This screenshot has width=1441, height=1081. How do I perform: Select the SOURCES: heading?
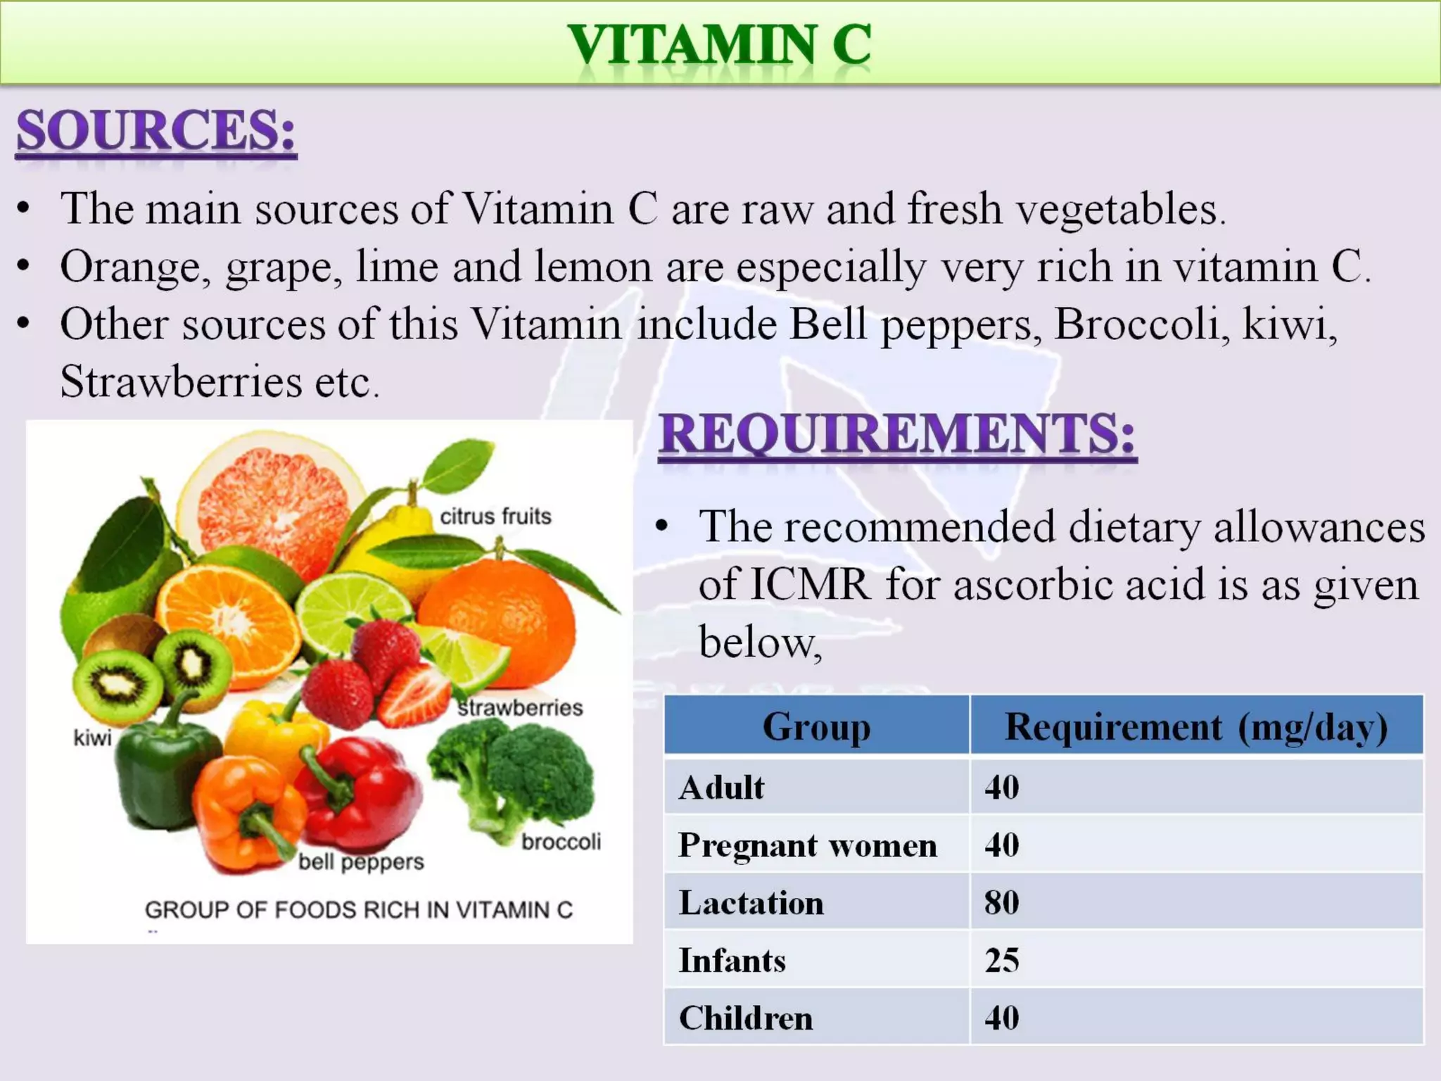click(x=155, y=131)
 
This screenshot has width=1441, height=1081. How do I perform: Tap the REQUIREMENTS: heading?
click(x=897, y=434)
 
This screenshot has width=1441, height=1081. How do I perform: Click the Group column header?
click(x=816, y=726)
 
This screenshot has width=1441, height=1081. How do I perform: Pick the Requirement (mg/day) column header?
click(x=1196, y=726)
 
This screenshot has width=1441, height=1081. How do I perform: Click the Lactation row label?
click(x=751, y=903)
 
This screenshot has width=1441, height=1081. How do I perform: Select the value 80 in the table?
click(x=1002, y=903)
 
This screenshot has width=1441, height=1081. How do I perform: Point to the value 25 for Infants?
click(x=1002, y=961)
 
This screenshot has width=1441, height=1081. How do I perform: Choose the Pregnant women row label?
click(x=808, y=845)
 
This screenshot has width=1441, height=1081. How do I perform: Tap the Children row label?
click(x=746, y=1018)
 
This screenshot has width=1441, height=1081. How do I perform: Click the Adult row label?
click(x=721, y=788)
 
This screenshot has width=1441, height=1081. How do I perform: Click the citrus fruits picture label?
click(x=495, y=517)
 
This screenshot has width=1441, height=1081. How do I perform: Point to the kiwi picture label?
click(x=92, y=738)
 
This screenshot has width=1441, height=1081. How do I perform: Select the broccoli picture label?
click(x=561, y=842)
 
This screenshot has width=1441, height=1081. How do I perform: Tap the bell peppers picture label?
click(x=361, y=862)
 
